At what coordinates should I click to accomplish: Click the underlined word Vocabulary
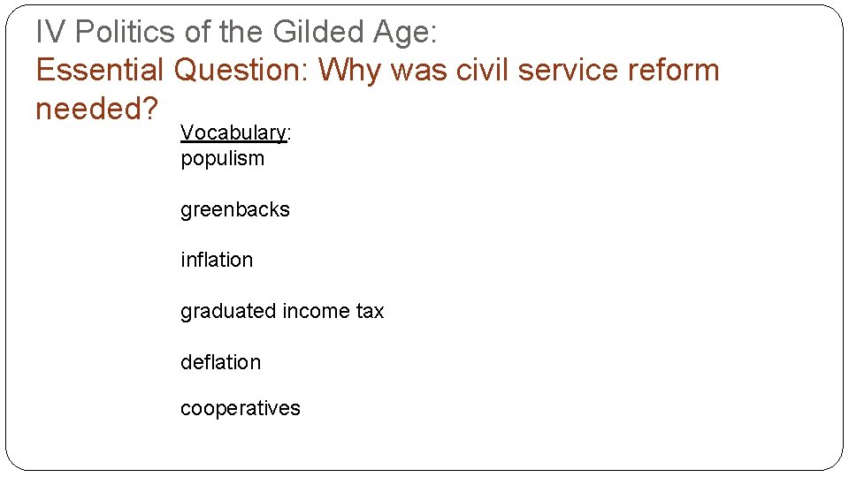point(233,132)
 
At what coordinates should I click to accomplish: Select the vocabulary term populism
point(222,159)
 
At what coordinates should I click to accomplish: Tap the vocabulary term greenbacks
point(234,209)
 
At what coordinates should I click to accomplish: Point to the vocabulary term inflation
point(217,260)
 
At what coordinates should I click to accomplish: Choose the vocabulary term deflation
point(220,362)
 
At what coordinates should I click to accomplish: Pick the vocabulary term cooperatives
point(240,408)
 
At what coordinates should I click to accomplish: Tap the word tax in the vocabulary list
point(369,311)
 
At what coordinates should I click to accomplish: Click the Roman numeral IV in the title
point(50,33)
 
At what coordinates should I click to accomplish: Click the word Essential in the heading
point(100,70)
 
